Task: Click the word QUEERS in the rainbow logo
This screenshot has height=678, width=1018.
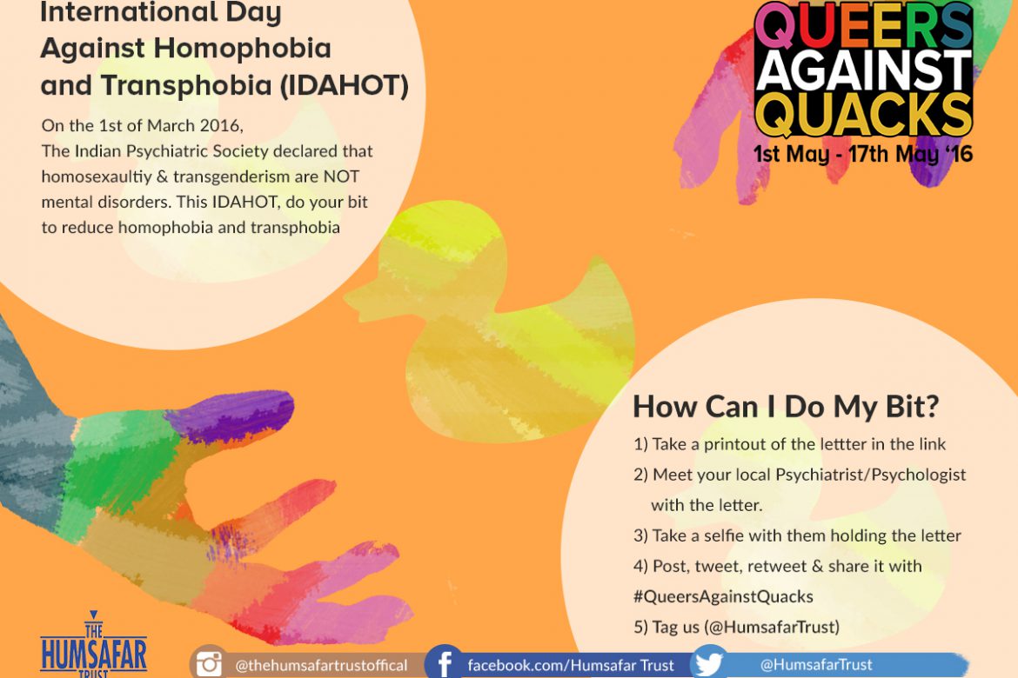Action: (864, 25)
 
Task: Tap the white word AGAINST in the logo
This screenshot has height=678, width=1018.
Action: (864, 70)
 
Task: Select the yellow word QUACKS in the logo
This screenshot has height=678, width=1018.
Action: (864, 114)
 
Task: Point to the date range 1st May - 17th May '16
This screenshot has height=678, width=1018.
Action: (863, 155)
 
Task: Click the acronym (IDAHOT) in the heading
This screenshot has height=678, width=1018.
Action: (345, 86)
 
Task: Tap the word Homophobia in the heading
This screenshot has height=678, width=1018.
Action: (242, 49)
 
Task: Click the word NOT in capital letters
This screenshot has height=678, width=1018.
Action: (341, 176)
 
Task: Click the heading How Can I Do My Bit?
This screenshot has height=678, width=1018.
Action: (787, 407)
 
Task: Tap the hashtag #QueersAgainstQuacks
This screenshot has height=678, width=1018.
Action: (723, 596)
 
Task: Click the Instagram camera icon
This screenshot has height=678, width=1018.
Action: (209, 664)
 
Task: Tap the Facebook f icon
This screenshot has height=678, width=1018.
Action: (445, 664)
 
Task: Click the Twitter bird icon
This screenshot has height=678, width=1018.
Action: (708, 663)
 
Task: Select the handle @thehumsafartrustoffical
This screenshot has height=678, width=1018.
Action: (321, 666)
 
